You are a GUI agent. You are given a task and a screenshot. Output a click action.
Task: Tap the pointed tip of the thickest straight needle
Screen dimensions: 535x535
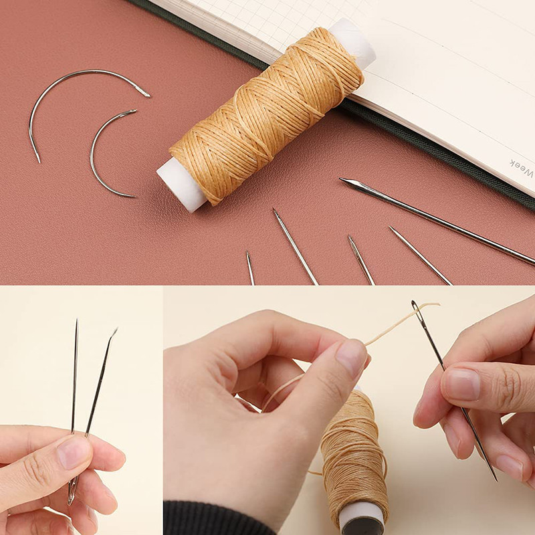click(343, 181)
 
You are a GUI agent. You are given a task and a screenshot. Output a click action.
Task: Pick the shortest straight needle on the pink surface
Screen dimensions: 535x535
click(249, 267)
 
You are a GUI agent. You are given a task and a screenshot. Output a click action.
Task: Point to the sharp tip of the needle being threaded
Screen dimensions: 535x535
click(496, 479)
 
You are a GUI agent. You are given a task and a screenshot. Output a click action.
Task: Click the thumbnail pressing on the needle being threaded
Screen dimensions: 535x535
click(461, 385)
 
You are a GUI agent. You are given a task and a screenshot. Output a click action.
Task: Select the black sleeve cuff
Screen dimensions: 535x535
click(201, 518)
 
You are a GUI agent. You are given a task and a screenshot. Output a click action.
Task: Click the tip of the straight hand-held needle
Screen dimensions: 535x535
click(76, 322)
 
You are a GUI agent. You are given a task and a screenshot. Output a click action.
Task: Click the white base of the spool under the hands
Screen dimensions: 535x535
click(362, 518)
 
